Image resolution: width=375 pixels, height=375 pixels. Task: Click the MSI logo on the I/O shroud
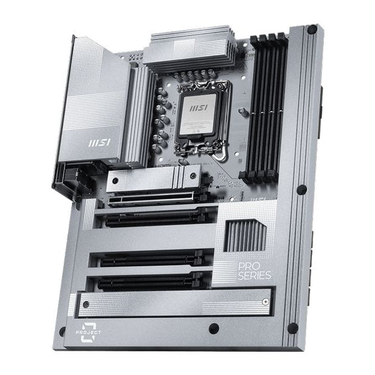pos(97,142)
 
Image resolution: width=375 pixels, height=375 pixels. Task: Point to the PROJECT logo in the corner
pos(90,331)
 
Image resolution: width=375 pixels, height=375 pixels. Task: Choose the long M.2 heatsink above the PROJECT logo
pos(175,303)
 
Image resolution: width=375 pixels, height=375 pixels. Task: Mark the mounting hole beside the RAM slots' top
pos(311,29)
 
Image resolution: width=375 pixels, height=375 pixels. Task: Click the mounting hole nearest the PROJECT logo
pos(62,331)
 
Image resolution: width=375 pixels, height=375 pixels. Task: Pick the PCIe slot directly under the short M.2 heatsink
pos(156,217)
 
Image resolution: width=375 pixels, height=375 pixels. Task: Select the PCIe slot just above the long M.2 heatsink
pos(150,282)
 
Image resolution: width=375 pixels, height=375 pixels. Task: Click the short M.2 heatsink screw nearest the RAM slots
pos(192,175)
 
